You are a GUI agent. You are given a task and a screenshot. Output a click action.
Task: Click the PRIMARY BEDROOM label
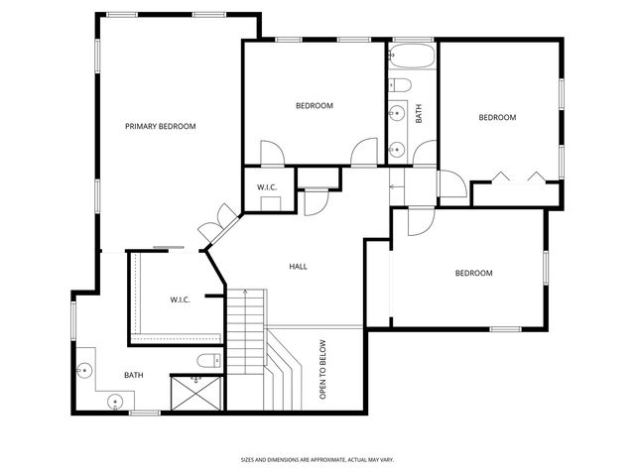pos(160,126)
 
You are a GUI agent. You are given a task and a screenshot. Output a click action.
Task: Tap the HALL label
pos(298,267)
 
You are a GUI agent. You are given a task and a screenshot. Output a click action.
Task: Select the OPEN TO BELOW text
pos(322,370)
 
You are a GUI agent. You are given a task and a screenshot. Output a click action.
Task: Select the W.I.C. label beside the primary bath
pos(180,299)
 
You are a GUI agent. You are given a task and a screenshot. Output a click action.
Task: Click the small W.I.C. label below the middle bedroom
pos(266,186)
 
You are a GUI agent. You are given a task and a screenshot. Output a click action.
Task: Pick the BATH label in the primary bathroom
pos(133,375)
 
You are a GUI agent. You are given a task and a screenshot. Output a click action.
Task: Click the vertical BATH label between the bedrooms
pos(419,113)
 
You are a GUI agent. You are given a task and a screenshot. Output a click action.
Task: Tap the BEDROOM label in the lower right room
pos(473,273)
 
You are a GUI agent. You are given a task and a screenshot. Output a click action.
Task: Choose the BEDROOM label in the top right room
pos(497,117)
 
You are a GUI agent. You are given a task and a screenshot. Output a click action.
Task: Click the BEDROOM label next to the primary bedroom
pos(314,105)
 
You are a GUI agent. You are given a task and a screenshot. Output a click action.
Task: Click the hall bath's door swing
pos(426,154)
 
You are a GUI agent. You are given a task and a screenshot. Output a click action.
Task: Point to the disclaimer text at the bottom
pos(317,459)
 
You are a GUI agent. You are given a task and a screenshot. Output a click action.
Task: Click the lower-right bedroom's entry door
pos(416,220)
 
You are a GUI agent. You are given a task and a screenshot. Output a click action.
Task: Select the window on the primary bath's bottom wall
pos(145,412)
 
